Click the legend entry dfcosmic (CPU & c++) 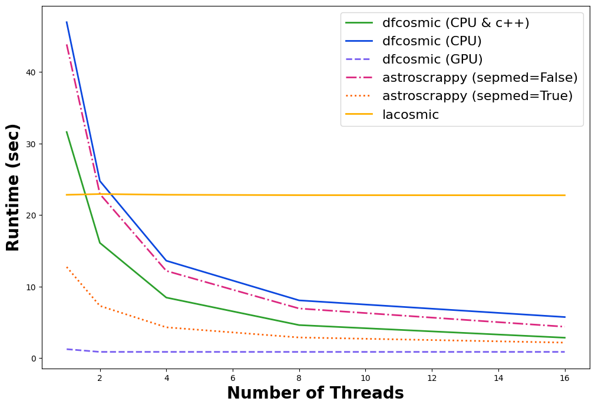[x=455, y=23]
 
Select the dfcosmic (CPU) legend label [x=432, y=41]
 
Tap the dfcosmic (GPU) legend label [x=432, y=59]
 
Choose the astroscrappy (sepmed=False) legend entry [x=480, y=77]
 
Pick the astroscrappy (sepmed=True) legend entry [x=477, y=95]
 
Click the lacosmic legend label [x=411, y=114]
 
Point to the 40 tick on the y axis [x=31, y=72]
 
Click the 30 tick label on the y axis [x=31, y=144]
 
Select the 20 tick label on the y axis [x=31, y=215]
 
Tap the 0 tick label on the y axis [x=34, y=359]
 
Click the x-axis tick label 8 [x=299, y=378]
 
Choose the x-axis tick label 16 [x=564, y=378]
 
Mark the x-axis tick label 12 [x=432, y=378]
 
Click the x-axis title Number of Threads [x=315, y=393]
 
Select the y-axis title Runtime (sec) [x=12, y=187]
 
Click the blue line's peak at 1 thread [x=67, y=22]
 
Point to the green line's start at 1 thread [x=67, y=132]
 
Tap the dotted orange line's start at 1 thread [x=67, y=267]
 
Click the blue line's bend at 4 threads [x=166, y=260]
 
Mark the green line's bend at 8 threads [x=299, y=325]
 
